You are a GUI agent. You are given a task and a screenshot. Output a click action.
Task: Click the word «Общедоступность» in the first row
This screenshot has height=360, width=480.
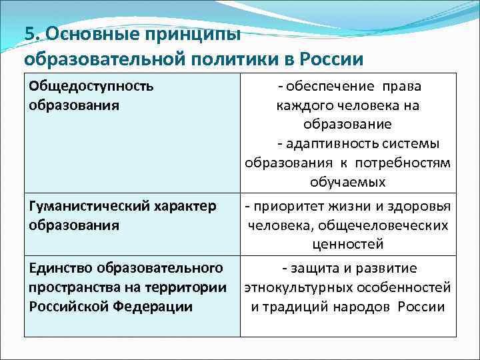(91, 87)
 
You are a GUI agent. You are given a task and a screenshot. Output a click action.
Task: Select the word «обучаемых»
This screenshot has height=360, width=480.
(347, 182)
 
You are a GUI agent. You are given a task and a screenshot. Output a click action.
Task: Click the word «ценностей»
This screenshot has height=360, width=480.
(347, 244)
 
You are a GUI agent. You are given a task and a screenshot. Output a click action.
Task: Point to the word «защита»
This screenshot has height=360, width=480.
(312, 268)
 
